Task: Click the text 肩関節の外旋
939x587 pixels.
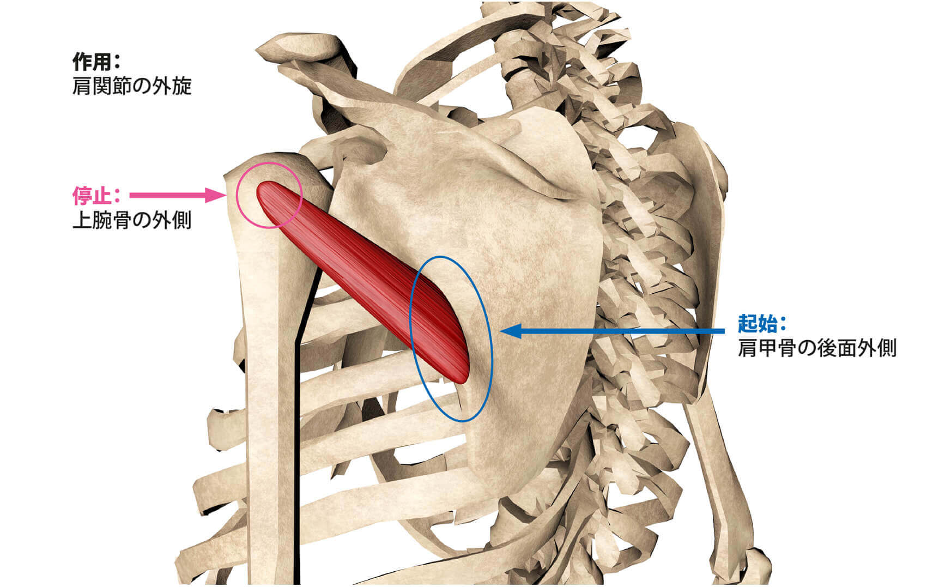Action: pyautogui.click(x=132, y=87)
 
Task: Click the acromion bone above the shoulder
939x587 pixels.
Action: pyautogui.click(x=305, y=49)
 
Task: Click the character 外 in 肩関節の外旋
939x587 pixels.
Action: pyautogui.click(x=161, y=87)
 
